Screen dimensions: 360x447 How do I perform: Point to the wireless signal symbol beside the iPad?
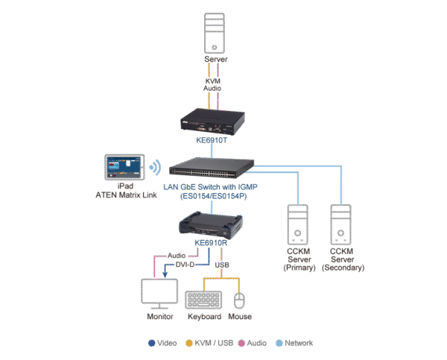pyautogui.click(x=155, y=166)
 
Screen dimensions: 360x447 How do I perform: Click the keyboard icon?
pyautogui.click(x=203, y=300)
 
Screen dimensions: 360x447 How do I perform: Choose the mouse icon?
pyautogui.click(x=238, y=300)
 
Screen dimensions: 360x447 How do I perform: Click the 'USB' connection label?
pyautogui.click(x=223, y=264)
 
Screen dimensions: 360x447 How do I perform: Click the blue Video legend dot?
pyautogui.click(x=151, y=344)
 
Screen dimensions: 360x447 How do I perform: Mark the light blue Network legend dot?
pyautogui.click(x=279, y=344)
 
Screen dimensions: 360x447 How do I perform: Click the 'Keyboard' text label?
pyautogui.click(x=203, y=317)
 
